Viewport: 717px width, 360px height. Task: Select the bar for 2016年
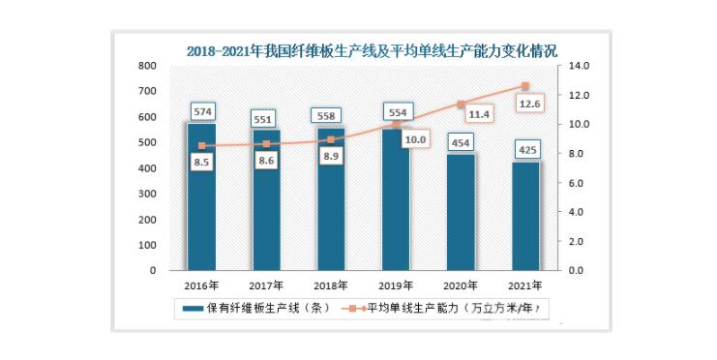[201, 196]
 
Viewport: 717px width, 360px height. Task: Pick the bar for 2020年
[461, 212]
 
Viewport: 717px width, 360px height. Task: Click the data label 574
[202, 111]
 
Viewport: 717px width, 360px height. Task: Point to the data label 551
[267, 119]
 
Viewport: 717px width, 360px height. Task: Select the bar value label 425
[526, 151]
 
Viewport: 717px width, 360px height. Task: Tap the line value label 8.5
[202, 164]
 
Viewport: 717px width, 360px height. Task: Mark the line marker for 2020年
[462, 104]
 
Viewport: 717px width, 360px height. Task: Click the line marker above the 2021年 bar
[526, 86]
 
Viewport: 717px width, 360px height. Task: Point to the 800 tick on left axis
[147, 66]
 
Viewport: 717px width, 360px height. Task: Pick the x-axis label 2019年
[397, 285]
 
